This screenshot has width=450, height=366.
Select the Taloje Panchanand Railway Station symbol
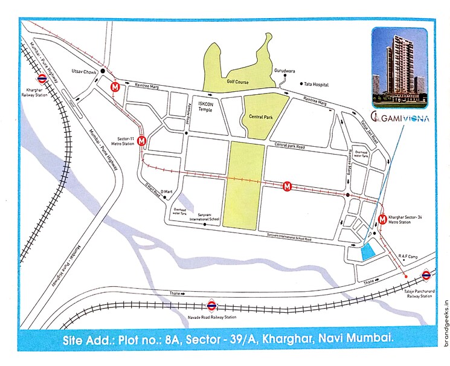pyautogui.click(x=426, y=275)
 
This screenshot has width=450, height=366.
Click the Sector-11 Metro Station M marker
pyautogui.click(x=142, y=141)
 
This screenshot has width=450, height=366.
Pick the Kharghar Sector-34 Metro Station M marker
pyautogui.click(x=382, y=219)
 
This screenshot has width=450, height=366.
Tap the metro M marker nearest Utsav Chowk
pyautogui.click(x=115, y=87)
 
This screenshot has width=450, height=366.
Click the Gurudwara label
pyautogui.click(x=288, y=70)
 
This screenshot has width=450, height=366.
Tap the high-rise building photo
pyautogui.click(x=398, y=66)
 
